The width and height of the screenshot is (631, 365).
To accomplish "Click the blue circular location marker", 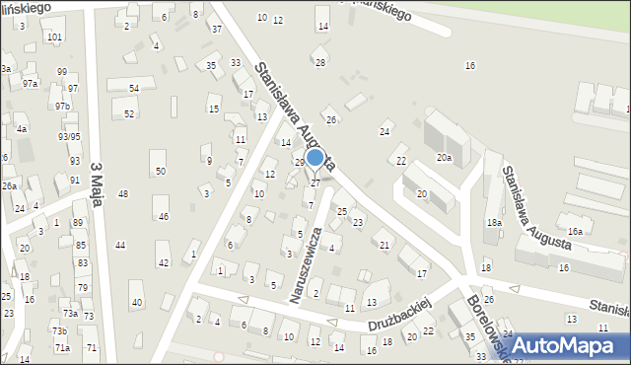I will [315, 157].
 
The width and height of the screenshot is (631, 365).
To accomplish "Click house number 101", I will [54, 36].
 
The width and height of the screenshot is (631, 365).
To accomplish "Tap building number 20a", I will [445, 158].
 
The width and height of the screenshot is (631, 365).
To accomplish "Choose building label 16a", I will [575, 231].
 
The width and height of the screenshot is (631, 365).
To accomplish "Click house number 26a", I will [9, 185].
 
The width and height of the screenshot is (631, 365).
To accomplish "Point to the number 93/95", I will [69, 137].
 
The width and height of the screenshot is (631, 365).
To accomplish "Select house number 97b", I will [63, 106].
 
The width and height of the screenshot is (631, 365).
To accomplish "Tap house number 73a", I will [70, 313].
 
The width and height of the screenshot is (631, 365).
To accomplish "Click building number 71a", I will [62, 348].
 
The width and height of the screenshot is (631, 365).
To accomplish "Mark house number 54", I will [134, 89].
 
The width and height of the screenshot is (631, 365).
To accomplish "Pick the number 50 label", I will [161, 172].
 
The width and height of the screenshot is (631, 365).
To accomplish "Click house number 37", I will [216, 29].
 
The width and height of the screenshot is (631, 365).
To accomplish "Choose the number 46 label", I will [164, 216].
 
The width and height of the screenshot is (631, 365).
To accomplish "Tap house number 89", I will [78, 224].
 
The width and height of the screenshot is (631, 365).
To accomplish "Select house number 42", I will [164, 261].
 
